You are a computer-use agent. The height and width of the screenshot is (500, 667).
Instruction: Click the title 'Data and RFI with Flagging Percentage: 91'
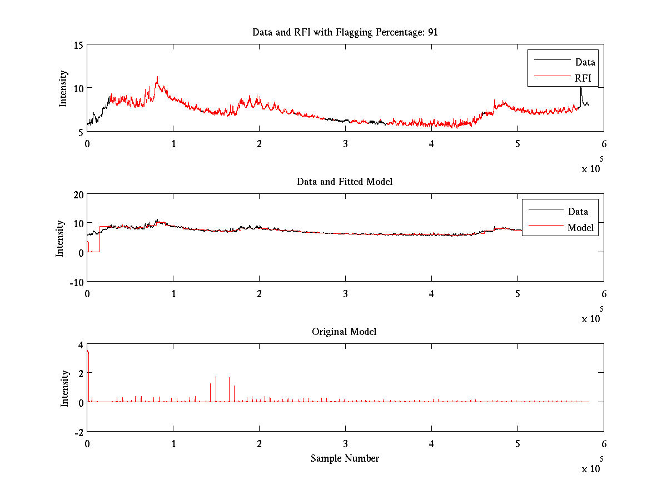click(x=345, y=32)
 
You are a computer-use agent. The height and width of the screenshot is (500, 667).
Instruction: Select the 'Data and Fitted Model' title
click(x=345, y=182)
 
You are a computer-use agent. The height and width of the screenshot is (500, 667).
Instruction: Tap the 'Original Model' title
click(x=344, y=332)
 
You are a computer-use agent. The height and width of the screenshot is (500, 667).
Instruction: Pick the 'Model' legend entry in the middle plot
click(x=580, y=228)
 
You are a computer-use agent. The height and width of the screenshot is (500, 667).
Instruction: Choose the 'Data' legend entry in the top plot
click(x=585, y=62)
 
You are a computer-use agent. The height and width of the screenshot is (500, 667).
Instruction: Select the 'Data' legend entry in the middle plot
click(x=578, y=212)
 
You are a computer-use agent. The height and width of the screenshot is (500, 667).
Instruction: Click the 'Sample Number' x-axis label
click(x=345, y=458)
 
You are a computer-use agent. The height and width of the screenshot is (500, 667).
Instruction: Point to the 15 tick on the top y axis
click(x=77, y=45)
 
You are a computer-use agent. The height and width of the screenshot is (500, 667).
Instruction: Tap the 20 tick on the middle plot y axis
click(x=77, y=194)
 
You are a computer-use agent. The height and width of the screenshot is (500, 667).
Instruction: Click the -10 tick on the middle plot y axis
click(x=75, y=282)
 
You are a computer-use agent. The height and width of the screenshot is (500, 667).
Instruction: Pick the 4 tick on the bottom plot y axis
click(x=80, y=344)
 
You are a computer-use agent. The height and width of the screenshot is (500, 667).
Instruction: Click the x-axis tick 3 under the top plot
click(x=346, y=143)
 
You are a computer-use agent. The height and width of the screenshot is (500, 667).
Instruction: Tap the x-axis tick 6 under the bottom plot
click(x=604, y=443)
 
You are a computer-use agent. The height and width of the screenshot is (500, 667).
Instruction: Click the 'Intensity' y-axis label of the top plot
click(x=63, y=88)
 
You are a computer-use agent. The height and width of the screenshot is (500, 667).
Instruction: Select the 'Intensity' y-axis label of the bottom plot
click(x=65, y=388)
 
